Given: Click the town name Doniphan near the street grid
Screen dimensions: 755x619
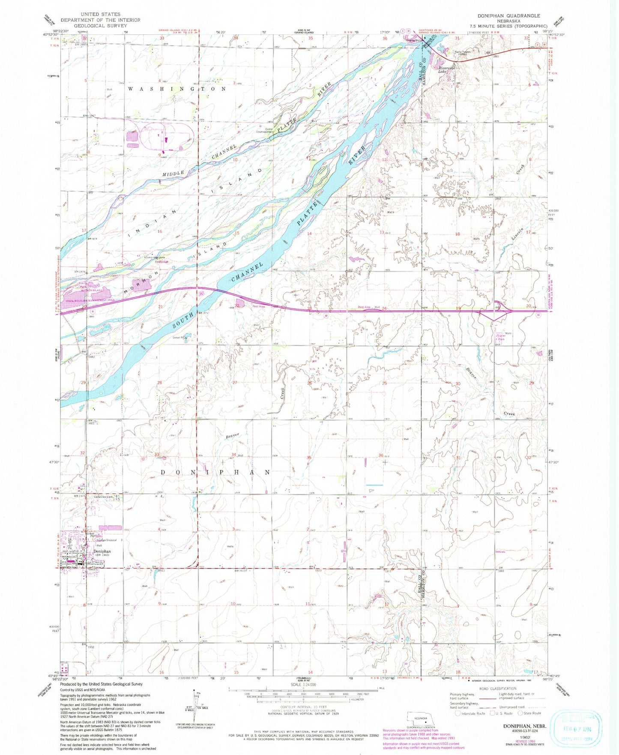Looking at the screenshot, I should (102, 551).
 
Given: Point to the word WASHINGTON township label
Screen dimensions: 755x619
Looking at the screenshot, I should (177, 89).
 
